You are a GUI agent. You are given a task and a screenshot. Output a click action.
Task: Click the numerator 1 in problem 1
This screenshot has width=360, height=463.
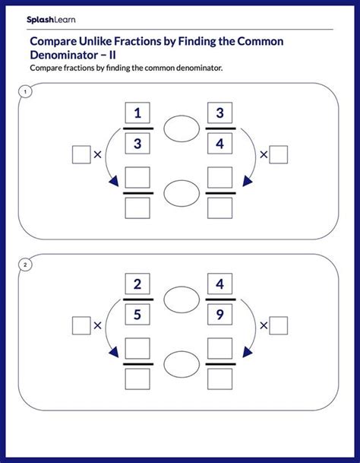click(x=137, y=114)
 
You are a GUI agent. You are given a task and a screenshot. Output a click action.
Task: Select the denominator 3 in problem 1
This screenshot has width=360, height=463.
click(x=137, y=143)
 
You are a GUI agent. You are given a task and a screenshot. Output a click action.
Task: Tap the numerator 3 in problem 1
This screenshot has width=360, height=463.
click(x=220, y=114)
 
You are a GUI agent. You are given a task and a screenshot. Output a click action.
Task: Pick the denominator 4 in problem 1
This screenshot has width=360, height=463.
click(x=220, y=143)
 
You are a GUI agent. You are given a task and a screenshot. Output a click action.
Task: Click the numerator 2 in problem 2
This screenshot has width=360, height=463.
click(x=137, y=285)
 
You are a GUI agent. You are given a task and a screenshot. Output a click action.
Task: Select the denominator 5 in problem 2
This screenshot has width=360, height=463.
click(x=137, y=313)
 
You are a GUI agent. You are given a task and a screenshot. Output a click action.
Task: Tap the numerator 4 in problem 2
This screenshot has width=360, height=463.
click(x=220, y=285)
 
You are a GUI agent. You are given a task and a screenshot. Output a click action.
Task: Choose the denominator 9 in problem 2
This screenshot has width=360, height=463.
click(x=220, y=313)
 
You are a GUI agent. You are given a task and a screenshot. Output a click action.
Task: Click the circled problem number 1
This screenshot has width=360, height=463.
click(x=25, y=93)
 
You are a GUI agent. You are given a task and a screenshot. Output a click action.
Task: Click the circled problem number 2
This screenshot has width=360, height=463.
click(x=25, y=265)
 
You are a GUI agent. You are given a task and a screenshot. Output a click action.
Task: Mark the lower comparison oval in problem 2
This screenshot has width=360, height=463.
click(x=180, y=362)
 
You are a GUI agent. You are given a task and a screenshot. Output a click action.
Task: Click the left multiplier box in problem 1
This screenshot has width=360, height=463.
click(x=81, y=154)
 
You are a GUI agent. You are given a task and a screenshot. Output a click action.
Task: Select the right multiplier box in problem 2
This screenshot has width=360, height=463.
click(x=279, y=325)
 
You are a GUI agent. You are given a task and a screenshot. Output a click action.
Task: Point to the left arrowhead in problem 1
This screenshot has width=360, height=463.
click(x=113, y=181)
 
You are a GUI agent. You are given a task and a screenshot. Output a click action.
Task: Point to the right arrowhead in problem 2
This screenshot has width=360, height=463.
click(x=246, y=351)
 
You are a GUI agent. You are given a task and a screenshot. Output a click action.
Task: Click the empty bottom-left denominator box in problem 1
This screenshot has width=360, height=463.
click(x=137, y=208)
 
